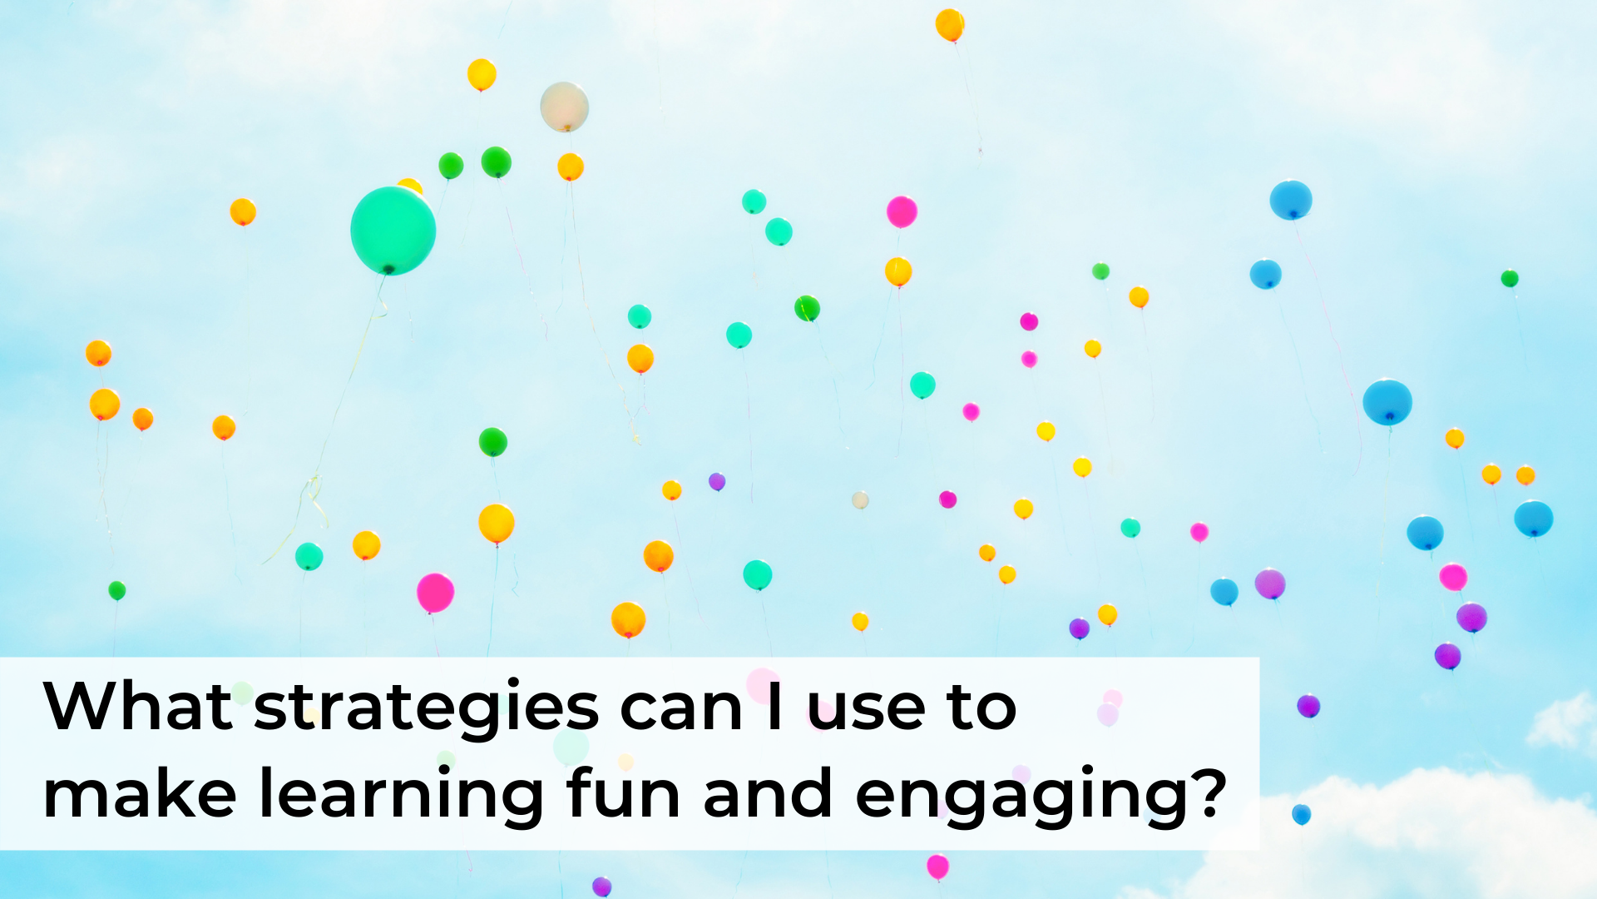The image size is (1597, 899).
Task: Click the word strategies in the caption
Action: pos(426,708)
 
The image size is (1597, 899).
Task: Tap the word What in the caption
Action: pos(137,707)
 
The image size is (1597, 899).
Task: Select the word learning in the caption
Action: pos(402,796)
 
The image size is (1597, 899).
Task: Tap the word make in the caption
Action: pos(140,794)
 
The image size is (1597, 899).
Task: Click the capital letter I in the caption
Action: pos(774,707)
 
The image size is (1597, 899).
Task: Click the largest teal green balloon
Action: pos(393,230)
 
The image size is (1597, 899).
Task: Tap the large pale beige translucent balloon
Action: pos(564,107)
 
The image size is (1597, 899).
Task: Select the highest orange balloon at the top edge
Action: pos(950,24)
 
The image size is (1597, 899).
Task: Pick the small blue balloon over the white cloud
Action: pos(1301,813)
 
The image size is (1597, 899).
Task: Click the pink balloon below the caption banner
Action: pos(937,866)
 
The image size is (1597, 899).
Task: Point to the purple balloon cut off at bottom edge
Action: pos(602,887)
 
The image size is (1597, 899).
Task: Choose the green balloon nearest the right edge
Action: pos(1510,278)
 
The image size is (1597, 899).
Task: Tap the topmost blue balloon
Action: pos(1290,200)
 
